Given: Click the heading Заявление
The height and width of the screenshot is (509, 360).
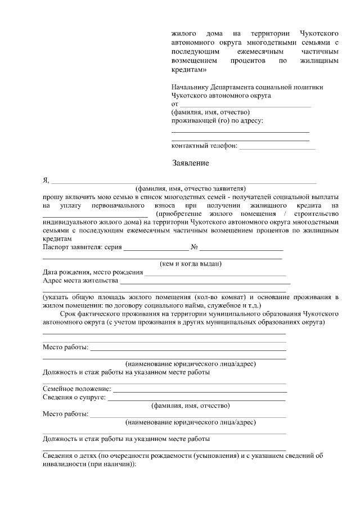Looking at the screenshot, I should pyautogui.click(x=190, y=164).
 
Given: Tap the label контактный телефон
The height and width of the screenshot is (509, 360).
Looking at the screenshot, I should pyautogui.click(x=204, y=146).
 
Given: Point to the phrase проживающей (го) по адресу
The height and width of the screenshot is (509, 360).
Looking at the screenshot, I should pyautogui.click(x=217, y=120).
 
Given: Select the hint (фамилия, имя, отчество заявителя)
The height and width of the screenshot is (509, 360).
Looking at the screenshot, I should pyautogui.click(x=191, y=189).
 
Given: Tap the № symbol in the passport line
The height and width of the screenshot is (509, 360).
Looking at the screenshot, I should pyautogui.click(x=194, y=247).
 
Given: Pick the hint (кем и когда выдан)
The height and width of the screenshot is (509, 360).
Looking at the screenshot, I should pyautogui.click(x=191, y=263).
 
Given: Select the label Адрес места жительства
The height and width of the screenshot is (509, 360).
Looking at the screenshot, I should pyautogui.click(x=80, y=280).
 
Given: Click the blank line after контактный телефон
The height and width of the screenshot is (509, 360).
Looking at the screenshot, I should pyautogui.click(x=277, y=147).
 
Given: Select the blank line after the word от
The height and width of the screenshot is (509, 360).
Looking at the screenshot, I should pyautogui.click(x=245, y=105).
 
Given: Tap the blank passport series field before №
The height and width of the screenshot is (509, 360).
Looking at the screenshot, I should pyautogui.click(x=156, y=249).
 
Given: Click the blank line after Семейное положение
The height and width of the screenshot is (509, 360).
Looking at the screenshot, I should pyautogui.click(x=200, y=390).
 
